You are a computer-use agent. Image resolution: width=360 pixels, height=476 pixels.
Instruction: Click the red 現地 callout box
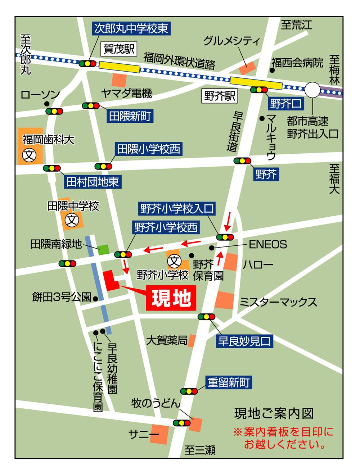(171, 298)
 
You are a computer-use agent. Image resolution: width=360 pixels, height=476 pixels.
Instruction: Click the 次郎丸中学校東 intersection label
(131, 28)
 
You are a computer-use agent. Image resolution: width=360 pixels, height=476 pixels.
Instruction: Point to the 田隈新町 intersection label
(130, 116)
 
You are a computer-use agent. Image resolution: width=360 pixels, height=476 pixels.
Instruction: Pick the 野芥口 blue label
(285, 104)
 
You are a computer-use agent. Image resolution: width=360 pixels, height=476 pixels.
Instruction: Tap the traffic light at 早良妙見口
(206, 317)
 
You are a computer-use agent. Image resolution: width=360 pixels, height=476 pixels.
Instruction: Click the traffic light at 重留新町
(189, 391)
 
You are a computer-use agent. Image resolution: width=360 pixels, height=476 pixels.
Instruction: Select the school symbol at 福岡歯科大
(29, 155)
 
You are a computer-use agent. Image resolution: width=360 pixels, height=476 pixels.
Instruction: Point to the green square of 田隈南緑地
(104, 249)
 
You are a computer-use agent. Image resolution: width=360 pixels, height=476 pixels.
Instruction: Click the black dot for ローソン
(47, 104)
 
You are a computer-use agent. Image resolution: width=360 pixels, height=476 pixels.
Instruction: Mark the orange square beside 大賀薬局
(192, 340)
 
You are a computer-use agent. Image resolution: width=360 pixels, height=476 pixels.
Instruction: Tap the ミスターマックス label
(278, 302)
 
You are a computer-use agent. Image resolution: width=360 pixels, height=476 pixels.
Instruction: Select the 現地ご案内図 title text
(274, 413)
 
